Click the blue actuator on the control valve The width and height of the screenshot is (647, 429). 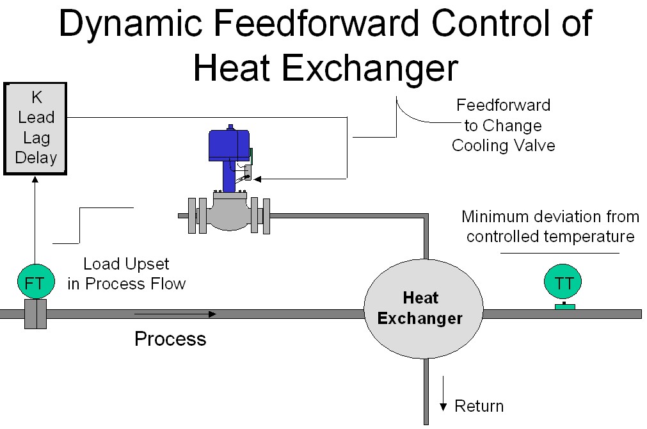click(x=229, y=146)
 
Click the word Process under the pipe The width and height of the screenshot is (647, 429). click(x=170, y=338)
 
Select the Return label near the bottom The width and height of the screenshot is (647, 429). click(x=479, y=406)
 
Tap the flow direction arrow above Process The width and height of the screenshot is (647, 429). click(x=175, y=314)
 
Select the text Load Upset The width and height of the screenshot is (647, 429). click(x=127, y=264)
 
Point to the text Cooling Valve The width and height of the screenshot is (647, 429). click(x=503, y=145)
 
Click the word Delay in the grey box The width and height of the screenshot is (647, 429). click(x=36, y=158)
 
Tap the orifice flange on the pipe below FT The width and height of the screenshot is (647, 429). click(x=35, y=314)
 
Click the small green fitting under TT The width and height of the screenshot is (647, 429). click(x=564, y=307)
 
